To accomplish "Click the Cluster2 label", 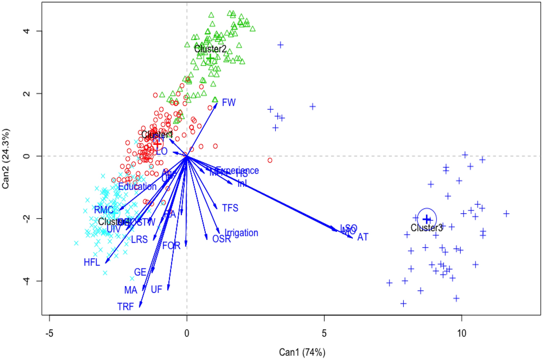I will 210,49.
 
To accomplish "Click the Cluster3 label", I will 426,228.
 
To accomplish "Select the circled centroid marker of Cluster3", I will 427,218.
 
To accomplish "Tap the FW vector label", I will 229,102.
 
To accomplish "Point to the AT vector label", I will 363,237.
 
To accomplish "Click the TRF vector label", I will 125,307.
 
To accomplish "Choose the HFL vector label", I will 92,262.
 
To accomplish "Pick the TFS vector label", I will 230,208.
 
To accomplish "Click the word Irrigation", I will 241,233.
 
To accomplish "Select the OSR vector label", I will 221,239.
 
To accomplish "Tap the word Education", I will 137,187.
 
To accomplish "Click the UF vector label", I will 156,289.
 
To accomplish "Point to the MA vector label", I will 130,290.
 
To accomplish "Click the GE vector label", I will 140,272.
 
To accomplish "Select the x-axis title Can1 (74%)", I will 302,352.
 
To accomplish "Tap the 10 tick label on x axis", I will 461,333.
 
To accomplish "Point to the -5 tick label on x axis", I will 49,333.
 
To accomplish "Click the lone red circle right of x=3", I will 270,160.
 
